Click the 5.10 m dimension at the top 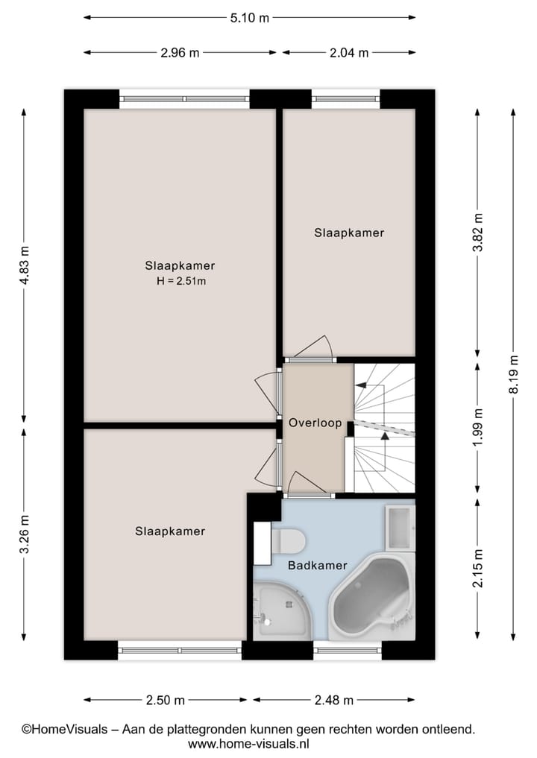tap(248, 18)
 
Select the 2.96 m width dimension tap(179, 53)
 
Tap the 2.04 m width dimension tap(348, 53)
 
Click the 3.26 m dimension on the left tap(25, 534)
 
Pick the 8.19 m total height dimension tap(512, 374)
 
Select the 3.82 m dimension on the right tap(478, 233)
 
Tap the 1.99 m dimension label tap(478, 429)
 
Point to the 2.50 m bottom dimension tap(165, 700)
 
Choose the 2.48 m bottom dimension tap(333, 700)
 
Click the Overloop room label tap(315, 423)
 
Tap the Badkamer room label tap(317, 566)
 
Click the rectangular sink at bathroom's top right tap(400, 527)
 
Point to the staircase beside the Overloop tap(383, 429)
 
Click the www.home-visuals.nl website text tap(248, 744)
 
